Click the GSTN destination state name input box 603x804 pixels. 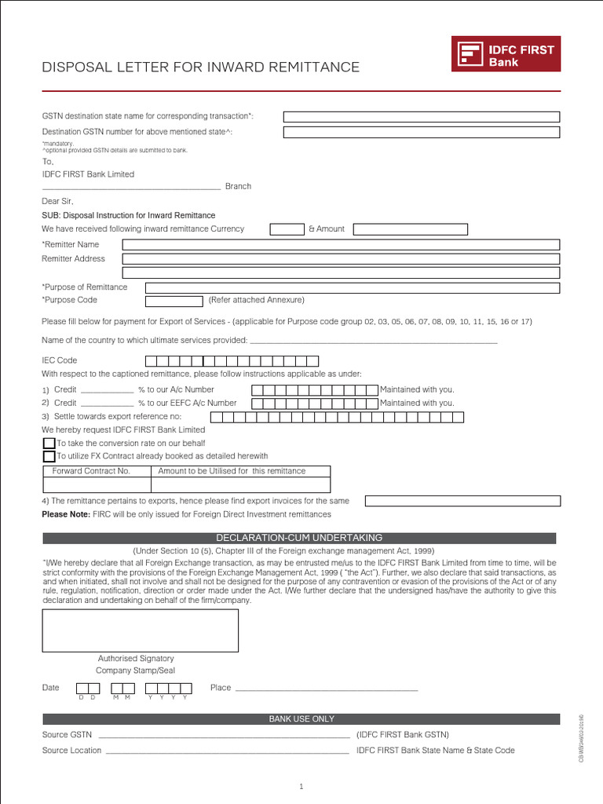[x=421, y=116]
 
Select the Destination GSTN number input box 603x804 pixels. [x=421, y=132]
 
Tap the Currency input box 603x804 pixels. [x=287, y=229]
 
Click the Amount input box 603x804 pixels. [x=410, y=229]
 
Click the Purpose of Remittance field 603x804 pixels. [x=353, y=287]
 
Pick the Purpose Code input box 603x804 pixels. [x=174, y=301]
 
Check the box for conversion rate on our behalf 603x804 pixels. [x=49, y=444]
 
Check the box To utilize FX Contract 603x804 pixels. [x=49, y=456]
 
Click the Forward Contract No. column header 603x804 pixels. [x=91, y=471]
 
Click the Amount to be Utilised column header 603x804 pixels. [x=232, y=471]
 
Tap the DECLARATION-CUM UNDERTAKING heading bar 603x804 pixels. [x=299, y=538]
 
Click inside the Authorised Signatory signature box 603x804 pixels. [x=141, y=630]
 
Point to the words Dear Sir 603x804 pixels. [x=57, y=201]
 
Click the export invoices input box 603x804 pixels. [x=462, y=501]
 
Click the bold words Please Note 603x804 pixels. [x=66, y=514]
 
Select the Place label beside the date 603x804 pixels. [x=221, y=688]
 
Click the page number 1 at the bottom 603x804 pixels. [x=301, y=786]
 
